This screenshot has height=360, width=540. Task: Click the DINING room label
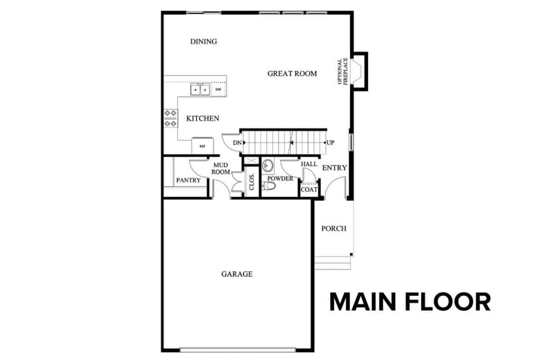[204, 42]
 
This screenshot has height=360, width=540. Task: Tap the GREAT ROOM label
[292, 74]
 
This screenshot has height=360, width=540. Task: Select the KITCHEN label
[202, 119]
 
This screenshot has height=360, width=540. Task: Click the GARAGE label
[237, 274]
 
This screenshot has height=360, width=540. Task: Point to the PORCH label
[334, 228]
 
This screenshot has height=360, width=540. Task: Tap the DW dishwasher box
[218, 90]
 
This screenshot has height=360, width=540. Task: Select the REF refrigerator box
[202, 146]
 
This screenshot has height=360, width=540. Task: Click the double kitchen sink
[200, 90]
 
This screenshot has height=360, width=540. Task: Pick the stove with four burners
[170, 118]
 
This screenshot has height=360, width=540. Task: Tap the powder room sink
[268, 166]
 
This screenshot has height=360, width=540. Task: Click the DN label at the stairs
[237, 143]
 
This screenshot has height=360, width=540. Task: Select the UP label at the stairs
[330, 143]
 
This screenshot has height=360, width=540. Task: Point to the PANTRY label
[188, 180]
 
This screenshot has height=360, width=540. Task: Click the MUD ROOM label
[221, 169]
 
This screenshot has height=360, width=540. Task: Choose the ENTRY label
[334, 168]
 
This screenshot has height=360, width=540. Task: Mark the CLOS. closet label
[252, 182]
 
